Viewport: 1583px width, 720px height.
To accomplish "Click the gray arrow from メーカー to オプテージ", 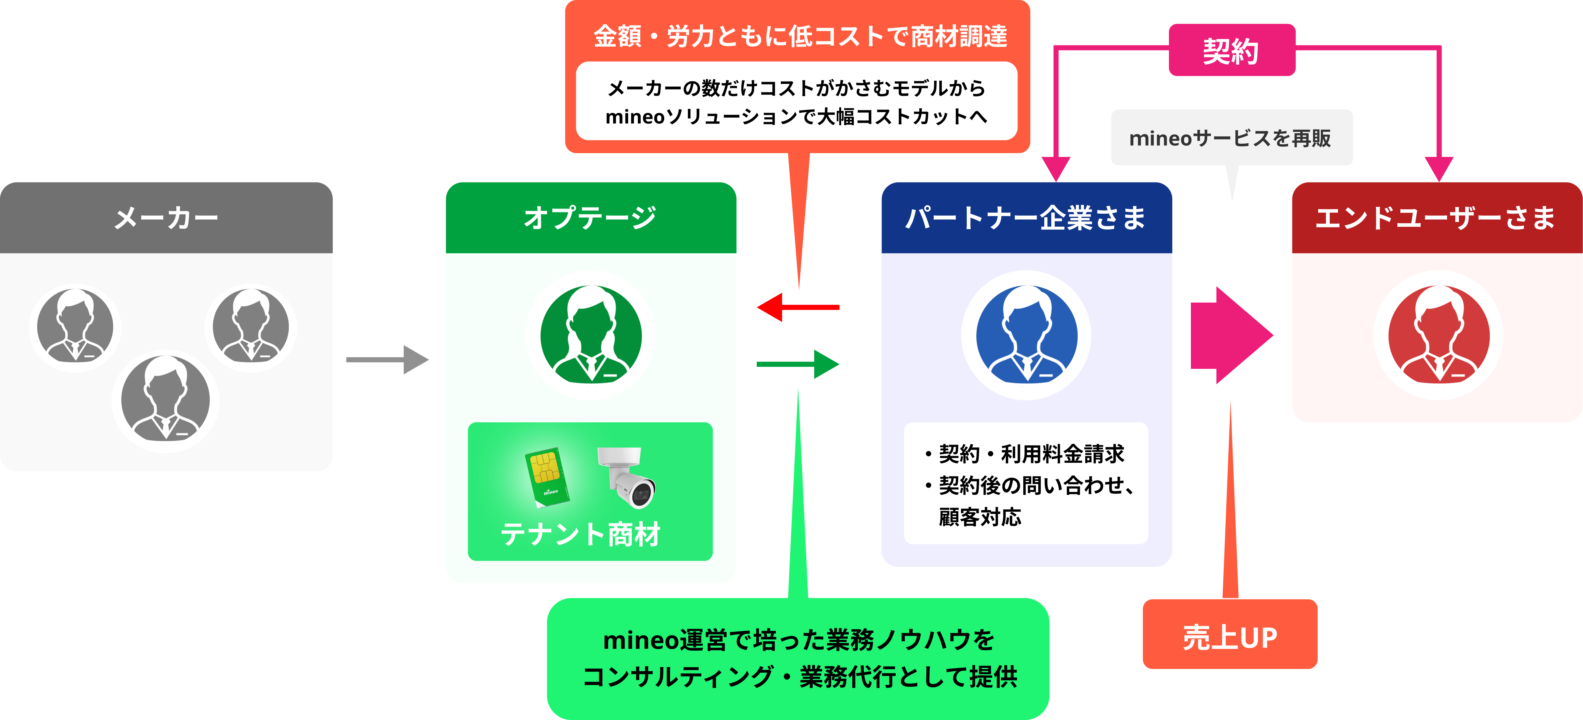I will click(387, 360).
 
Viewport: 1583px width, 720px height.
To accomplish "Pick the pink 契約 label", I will click(1232, 50).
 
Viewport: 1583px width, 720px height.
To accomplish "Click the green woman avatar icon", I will click(590, 335).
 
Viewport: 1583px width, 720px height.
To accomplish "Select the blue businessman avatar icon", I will click(1026, 335).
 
